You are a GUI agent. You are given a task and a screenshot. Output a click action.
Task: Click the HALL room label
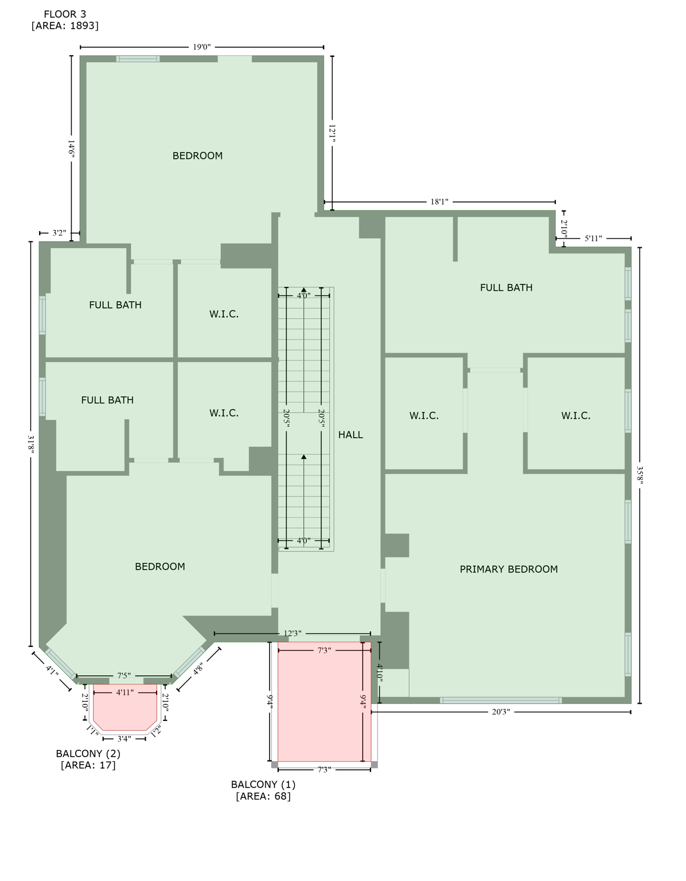click(x=350, y=435)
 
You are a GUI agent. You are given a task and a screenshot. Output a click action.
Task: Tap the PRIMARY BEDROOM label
click(x=508, y=569)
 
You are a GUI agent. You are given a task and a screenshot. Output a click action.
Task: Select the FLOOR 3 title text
click(x=65, y=14)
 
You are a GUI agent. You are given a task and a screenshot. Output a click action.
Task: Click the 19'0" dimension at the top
click(x=201, y=47)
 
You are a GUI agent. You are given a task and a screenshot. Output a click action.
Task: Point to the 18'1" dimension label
click(x=439, y=202)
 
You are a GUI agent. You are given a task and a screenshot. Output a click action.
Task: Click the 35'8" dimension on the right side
click(x=640, y=475)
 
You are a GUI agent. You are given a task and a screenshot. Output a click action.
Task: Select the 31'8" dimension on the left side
click(x=31, y=445)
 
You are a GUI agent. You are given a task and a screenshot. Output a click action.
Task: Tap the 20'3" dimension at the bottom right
click(x=501, y=712)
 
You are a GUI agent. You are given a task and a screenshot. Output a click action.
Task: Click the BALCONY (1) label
click(x=263, y=784)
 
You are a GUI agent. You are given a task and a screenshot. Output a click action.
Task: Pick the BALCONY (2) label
click(x=88, y=753)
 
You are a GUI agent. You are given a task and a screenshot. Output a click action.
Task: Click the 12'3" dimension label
click(x=293, y=634)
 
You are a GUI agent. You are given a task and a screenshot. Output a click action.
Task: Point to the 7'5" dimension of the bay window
click(x=123, y=676)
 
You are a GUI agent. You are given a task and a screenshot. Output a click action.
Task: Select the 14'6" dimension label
click(x=71, y=149)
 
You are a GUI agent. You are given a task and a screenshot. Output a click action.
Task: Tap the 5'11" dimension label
click(x=593, y=238)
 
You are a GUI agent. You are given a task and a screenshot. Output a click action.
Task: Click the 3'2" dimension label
click(x=59, y=233)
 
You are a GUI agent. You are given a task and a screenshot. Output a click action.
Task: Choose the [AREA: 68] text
click(x=263, y=796)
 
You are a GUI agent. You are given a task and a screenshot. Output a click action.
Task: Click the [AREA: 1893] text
click(x=65, y=26)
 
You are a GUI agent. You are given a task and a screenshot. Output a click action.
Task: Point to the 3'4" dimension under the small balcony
click(x=124, y=739)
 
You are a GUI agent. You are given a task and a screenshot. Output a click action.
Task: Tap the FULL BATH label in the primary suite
click(x=506, y=287)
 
